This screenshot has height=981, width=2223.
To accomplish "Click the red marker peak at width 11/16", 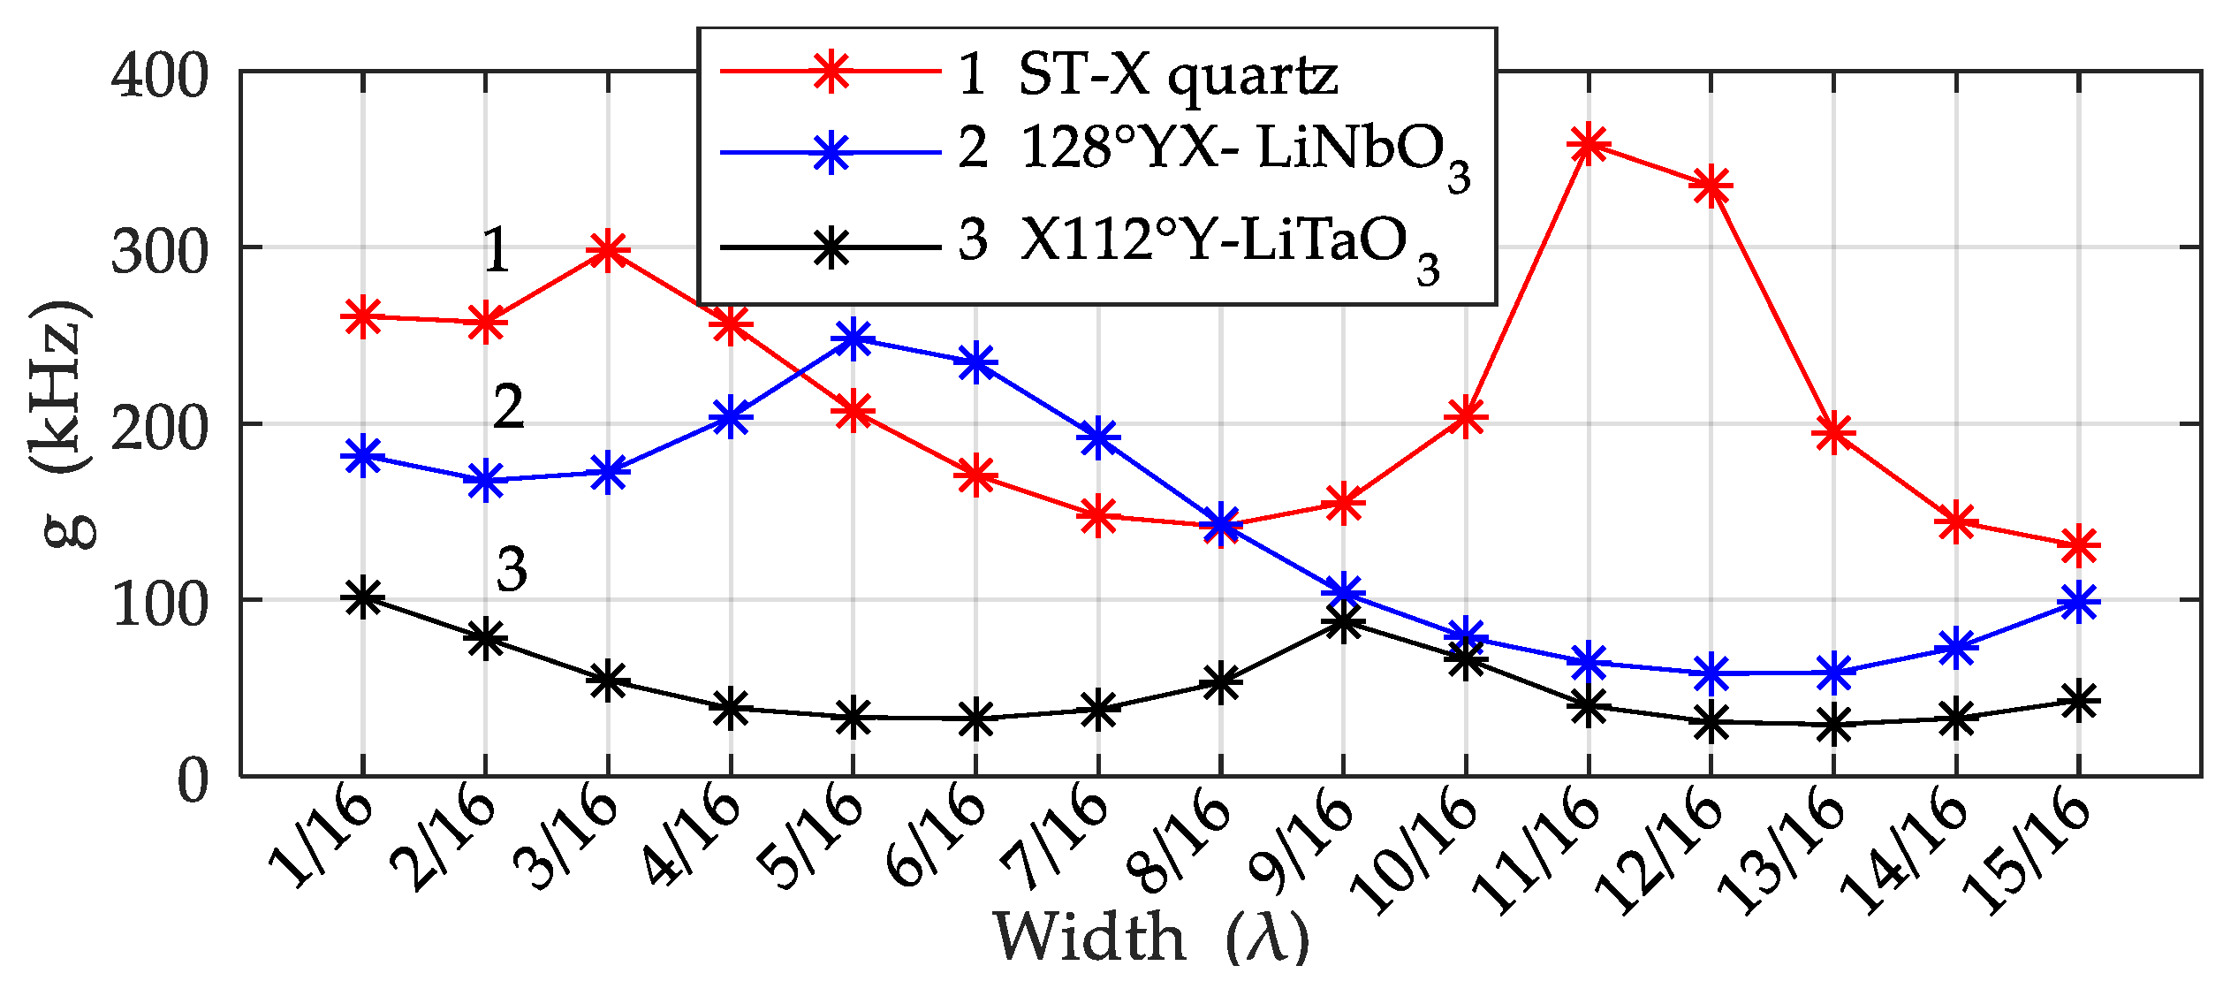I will tap(1589, 144).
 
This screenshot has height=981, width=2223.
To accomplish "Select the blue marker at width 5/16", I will tap(853, 338).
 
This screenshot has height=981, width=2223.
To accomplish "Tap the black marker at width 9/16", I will tap(1343, 623).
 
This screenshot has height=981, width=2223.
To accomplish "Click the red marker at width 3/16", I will tap(608, 251).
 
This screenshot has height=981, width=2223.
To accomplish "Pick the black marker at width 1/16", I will tap(362, 598).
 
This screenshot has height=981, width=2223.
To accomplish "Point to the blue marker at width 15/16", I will tap(2079, 603).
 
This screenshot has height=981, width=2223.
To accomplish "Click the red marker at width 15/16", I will tap(2079, 545).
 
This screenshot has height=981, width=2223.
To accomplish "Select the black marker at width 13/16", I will tap(1834, 725).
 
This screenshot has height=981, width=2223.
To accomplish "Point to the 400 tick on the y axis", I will tap(160, 76).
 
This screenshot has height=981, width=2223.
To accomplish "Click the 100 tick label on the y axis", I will tap(160, 606).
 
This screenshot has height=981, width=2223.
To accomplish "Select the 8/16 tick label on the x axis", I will tap(1180, 840).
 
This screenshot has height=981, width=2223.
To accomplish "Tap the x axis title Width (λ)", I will tap(1149, 937).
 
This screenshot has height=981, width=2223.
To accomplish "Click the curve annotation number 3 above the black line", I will tap(512, 569).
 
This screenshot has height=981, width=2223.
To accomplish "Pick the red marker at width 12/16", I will tap(1711, 186).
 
